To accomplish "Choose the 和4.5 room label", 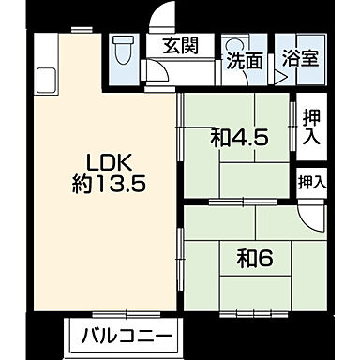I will coord(239,138).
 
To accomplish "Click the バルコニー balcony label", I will coord(126,336).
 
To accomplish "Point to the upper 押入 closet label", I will coord(309,125).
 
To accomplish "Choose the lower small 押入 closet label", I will coord(310,182).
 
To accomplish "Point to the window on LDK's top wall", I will coord(81,30).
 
